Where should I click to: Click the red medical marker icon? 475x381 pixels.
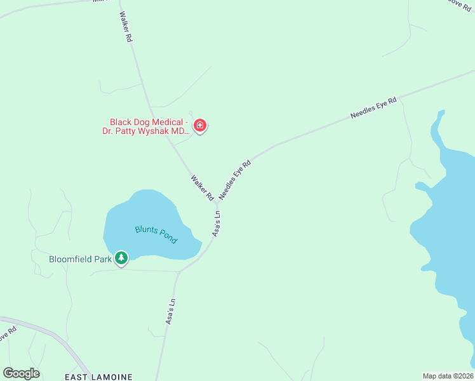coord(200,126)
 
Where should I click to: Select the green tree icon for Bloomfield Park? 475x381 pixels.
coord(121,258)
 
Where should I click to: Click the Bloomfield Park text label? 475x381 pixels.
coord(80,259)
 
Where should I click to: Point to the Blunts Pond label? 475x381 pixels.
coord(156,234)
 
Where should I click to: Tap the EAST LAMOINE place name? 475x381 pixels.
coord(98,377)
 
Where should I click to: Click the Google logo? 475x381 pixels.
coord(21,373)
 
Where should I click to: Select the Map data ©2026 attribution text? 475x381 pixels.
coord(448,376)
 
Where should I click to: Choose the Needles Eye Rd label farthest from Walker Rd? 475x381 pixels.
coord(373,109)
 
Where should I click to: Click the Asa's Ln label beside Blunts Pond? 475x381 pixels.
coord(217,224)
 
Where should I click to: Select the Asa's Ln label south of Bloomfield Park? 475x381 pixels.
coord(170,311)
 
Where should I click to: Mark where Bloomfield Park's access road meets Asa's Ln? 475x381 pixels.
coord(180,272)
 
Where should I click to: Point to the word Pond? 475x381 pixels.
coord(167,239)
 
